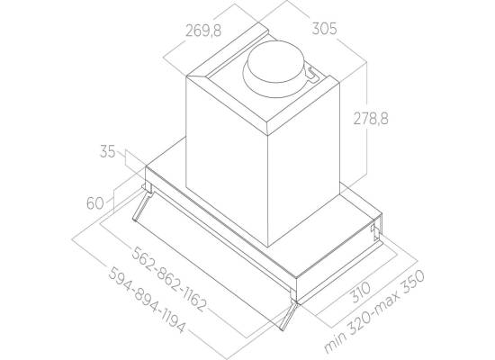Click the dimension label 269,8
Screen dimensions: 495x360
(203, 31)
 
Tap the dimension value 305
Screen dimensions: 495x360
(325, 29)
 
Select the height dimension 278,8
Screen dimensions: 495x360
(371, 119)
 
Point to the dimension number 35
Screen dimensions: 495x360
(108, 151)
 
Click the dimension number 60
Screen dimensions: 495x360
(95, 203)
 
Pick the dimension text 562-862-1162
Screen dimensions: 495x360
(169, 280)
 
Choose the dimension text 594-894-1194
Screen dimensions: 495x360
(147, 300)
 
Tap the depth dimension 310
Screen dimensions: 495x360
(361, 292)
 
